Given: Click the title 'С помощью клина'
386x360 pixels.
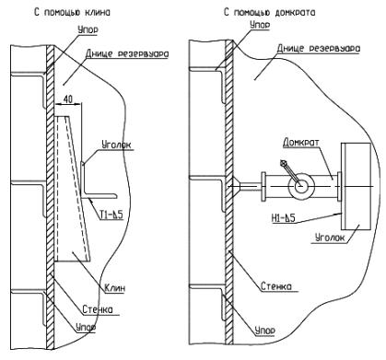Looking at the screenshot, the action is (x=72, y=13).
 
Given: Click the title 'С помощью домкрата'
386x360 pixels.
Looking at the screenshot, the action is (x=269, y=13).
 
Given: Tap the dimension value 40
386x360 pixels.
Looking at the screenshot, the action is (x=67, y=99).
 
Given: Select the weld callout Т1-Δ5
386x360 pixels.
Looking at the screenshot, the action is (x=111, y=215).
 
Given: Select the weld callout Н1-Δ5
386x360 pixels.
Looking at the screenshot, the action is (x=283, y=217).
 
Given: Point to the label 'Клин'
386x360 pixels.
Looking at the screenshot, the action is (x=115, y=288).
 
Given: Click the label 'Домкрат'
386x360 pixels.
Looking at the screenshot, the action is (x=301, y=143).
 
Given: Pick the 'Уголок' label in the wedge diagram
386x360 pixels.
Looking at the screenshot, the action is (x=116, y=145).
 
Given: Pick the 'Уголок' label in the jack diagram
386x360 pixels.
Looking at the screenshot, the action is (x=330, y=238).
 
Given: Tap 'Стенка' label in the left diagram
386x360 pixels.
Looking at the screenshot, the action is (x=98, y=309).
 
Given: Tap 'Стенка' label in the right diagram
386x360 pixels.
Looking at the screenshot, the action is (x=276, y=286).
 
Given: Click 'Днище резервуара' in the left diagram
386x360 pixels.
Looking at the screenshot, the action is (x=127, y=53).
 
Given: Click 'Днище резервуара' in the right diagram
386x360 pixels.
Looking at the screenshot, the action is (x=319, y=48).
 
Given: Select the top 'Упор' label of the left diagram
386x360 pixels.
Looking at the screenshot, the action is (x=88, y=30).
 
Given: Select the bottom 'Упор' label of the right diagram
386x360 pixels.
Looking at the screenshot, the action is (x=264, y=331).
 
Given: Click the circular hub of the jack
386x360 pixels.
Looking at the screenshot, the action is (x=301, y=186).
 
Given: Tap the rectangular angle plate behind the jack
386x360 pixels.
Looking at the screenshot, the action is (x=357, y=186).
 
